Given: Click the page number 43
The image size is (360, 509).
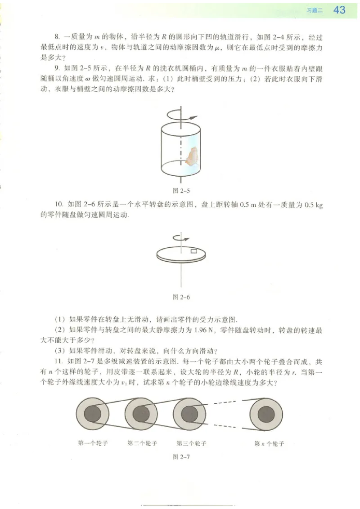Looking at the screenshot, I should [x=339, y=10].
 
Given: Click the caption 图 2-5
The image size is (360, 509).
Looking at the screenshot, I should [x=180, y=189].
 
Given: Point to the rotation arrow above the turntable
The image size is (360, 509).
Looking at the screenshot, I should [x=181, y=238].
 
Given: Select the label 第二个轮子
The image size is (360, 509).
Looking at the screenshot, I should [x=142, y=443].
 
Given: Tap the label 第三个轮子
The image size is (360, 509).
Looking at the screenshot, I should [x=191, y=443].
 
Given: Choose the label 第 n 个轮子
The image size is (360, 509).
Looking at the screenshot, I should [x=269, y=444].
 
